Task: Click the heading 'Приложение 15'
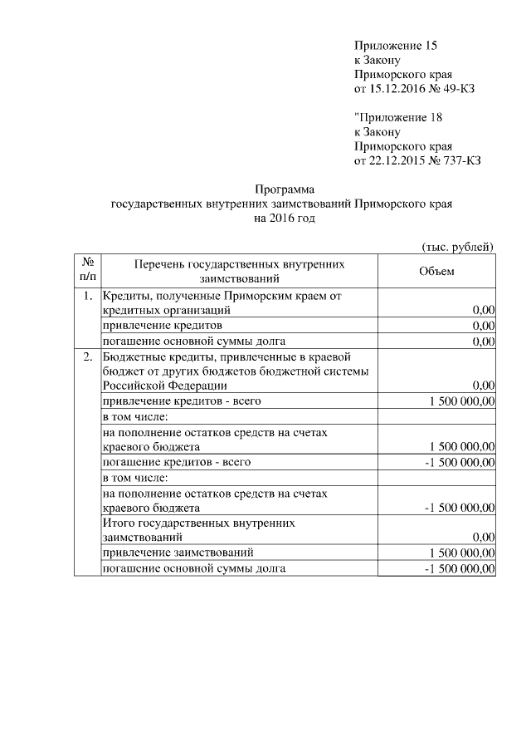coord(395,45)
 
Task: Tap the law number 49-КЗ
coord(455,89)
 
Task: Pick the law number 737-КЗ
coord(459,160)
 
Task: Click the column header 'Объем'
coord(436,272)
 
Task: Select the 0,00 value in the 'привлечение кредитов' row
coord(483,326)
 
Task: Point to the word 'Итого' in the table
coord(117,523)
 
